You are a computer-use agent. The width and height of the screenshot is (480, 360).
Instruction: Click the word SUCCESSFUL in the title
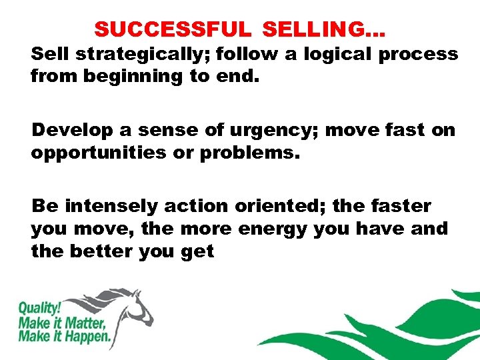coord(172,30)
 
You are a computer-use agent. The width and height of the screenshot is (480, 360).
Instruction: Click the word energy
coord(297,229)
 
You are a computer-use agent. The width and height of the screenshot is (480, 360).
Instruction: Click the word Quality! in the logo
coord(38,309)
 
